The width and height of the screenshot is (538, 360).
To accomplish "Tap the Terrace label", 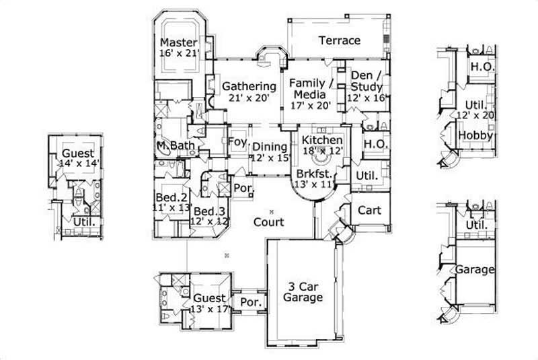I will pyautogui.click(x=340, y=40).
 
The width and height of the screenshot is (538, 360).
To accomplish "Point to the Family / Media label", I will pyautogui.click(x=311, y=89).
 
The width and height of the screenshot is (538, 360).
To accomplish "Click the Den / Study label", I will pyautogui.click(x=367, y=82).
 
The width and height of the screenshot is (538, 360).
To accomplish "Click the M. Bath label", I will pyautogui.click(x=171, y=146).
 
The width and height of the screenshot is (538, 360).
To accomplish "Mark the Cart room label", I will pyautogui.click(x=369, y=210).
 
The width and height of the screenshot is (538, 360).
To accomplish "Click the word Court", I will pyautogui.click(x=268, y=221).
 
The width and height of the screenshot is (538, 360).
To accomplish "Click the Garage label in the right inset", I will pyautogui.click(x=475, y=270).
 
